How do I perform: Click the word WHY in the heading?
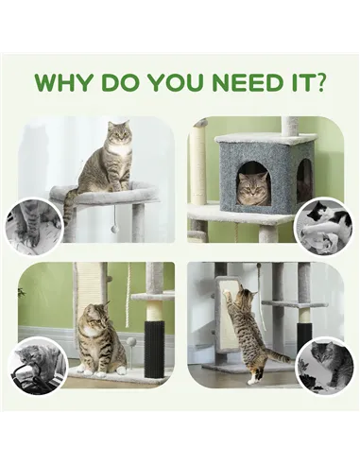(x=65, y=80)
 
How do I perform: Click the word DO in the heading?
(x=119, y=80)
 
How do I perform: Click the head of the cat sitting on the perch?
(x=118, y=137)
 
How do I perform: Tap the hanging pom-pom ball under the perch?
(x=114, y=230)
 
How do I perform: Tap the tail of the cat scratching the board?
(x=276, y=356)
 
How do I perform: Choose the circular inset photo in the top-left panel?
(x=34, y=226)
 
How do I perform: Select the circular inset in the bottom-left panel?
(x=39, y=364)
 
